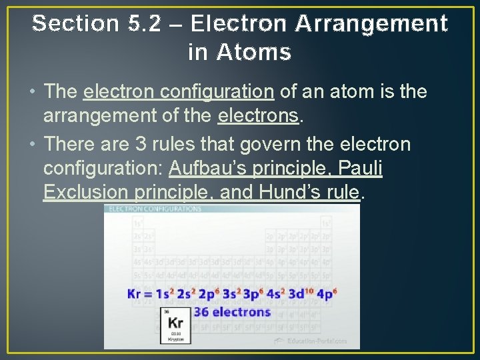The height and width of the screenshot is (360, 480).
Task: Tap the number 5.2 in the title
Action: pyautogui.click(x=146, y=24)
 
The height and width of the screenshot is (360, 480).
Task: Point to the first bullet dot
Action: pyautogui.click(x=33, y=92)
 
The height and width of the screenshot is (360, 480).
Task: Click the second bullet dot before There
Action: pyautogui.click(x=33, y=145)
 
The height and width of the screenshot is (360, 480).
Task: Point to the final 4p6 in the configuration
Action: pyautogui.click(x=327, y=293)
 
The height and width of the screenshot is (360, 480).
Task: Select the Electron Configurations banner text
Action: pyautogui.click(x=155, y=209)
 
